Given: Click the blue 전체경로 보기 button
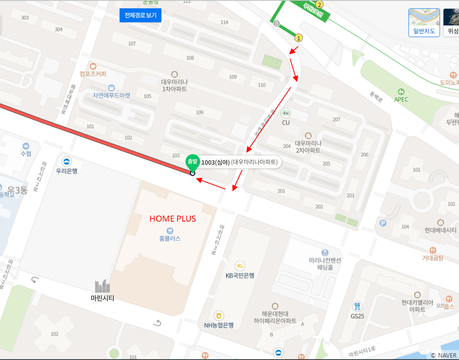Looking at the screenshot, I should [140, 16].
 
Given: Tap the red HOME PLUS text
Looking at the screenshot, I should [172, 219].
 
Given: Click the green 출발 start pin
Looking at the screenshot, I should [193, 163].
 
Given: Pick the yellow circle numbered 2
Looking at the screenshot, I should [320, 5].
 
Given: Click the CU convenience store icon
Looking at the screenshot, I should [286, 113].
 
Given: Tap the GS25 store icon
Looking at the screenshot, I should [357, 307].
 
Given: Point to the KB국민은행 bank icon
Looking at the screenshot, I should [240, 266].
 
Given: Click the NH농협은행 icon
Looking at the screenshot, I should [218, 316].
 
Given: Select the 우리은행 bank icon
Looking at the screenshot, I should [66, 162].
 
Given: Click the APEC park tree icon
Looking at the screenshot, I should [401, 91].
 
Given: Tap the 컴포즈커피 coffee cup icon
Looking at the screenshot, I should [93, 66].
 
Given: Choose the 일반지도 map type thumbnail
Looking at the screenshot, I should [424, 23].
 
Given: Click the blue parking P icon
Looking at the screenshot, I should [383, 223].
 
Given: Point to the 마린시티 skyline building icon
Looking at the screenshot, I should [103, 286].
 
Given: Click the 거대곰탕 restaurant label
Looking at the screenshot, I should [433, 258].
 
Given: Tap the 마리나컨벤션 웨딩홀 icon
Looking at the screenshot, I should [325, 252].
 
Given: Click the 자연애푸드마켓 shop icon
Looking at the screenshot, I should [111, 88].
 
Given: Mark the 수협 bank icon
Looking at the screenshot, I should [26, 146].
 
